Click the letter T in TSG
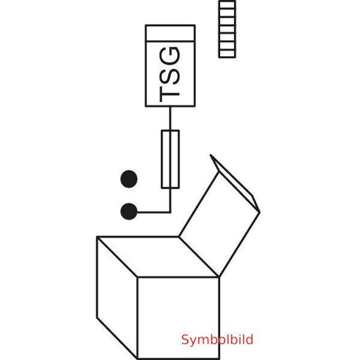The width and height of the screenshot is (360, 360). [x=169, y=94]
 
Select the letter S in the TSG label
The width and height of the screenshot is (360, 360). [x=169, y=75]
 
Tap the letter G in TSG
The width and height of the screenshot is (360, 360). [x=169, y=56]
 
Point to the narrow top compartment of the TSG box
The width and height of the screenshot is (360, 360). [x=170, y=33]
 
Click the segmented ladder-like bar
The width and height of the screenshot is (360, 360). [x=227, y=29]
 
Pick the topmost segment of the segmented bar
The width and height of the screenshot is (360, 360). [x=227, y=5]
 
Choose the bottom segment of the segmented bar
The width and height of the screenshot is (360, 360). [x=227, y=53]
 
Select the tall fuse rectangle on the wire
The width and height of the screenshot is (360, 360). [x=170, y=159]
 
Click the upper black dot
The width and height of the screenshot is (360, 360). [x=129, y=179]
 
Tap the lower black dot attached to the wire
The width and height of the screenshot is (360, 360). [x=129, y=212]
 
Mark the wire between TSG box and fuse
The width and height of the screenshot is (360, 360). [x=170, y=118]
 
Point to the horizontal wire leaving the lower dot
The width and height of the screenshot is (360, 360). [x=153, y=212]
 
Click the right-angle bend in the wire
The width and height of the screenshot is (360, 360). [x=170, y=212]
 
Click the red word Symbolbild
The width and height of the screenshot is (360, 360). [x=217, y=340]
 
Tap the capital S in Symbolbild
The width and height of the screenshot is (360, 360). [x=185, y=340]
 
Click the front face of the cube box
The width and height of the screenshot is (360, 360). [x=179, y=318]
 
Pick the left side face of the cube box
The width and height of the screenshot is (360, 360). [x=117, y=297]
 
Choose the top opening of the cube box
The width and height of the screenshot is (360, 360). [x=158, y=257]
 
